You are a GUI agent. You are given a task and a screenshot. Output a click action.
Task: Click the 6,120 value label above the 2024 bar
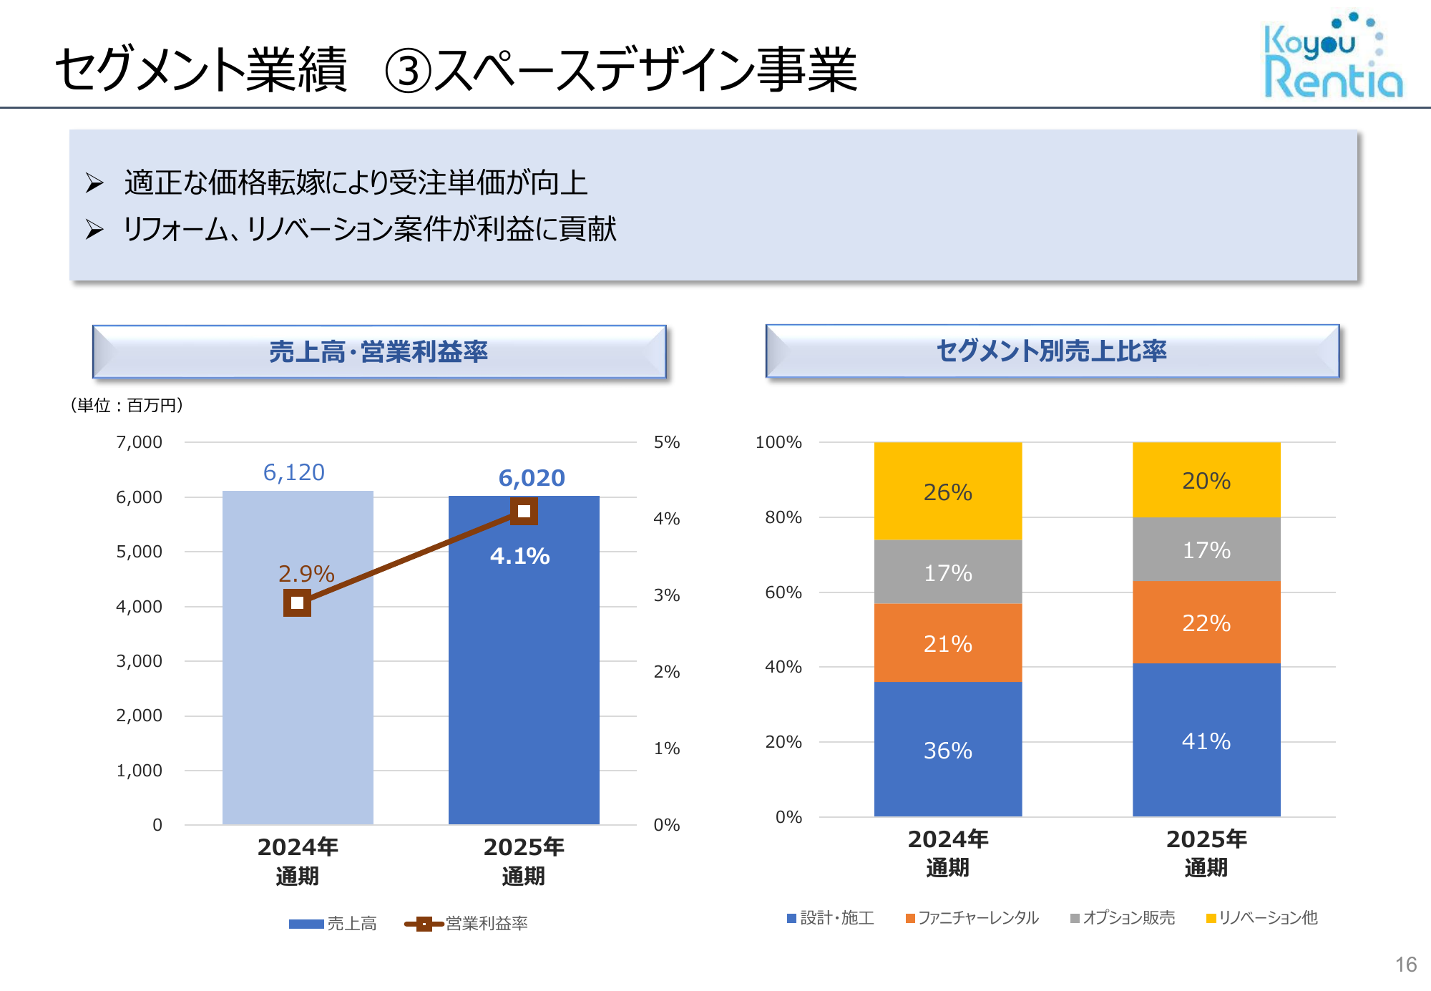coord(293,472)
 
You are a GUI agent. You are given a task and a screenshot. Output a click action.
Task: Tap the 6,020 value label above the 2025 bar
coord(532,478)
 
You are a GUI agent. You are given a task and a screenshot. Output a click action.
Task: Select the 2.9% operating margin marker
coord(297,602)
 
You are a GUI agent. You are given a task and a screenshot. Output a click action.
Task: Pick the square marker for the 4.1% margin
coord(524,511)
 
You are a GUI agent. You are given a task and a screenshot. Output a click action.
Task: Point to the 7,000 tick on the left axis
coord(139,442)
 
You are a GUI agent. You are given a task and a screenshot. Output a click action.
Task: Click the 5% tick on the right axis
coord(666,442)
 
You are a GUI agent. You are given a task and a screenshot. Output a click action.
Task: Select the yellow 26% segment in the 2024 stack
coord(947,492)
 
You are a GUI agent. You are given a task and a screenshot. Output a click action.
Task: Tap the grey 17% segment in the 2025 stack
coord(1206,550)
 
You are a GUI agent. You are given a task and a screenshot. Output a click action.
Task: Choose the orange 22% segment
coord(1206,623)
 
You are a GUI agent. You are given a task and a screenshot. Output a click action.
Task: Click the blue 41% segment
coord(1206,741)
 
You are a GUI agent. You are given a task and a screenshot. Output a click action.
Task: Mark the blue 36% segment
coord(947,750)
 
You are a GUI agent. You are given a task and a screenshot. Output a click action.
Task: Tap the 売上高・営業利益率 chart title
coord(378,352)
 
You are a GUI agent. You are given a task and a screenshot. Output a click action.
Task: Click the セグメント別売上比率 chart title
coord(1051,351)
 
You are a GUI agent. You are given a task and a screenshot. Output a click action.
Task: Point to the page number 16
coord(1405,965)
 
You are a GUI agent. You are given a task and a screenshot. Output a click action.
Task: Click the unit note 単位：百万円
coord(127,406)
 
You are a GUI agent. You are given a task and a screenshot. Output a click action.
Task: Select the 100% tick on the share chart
coord(778,442)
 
